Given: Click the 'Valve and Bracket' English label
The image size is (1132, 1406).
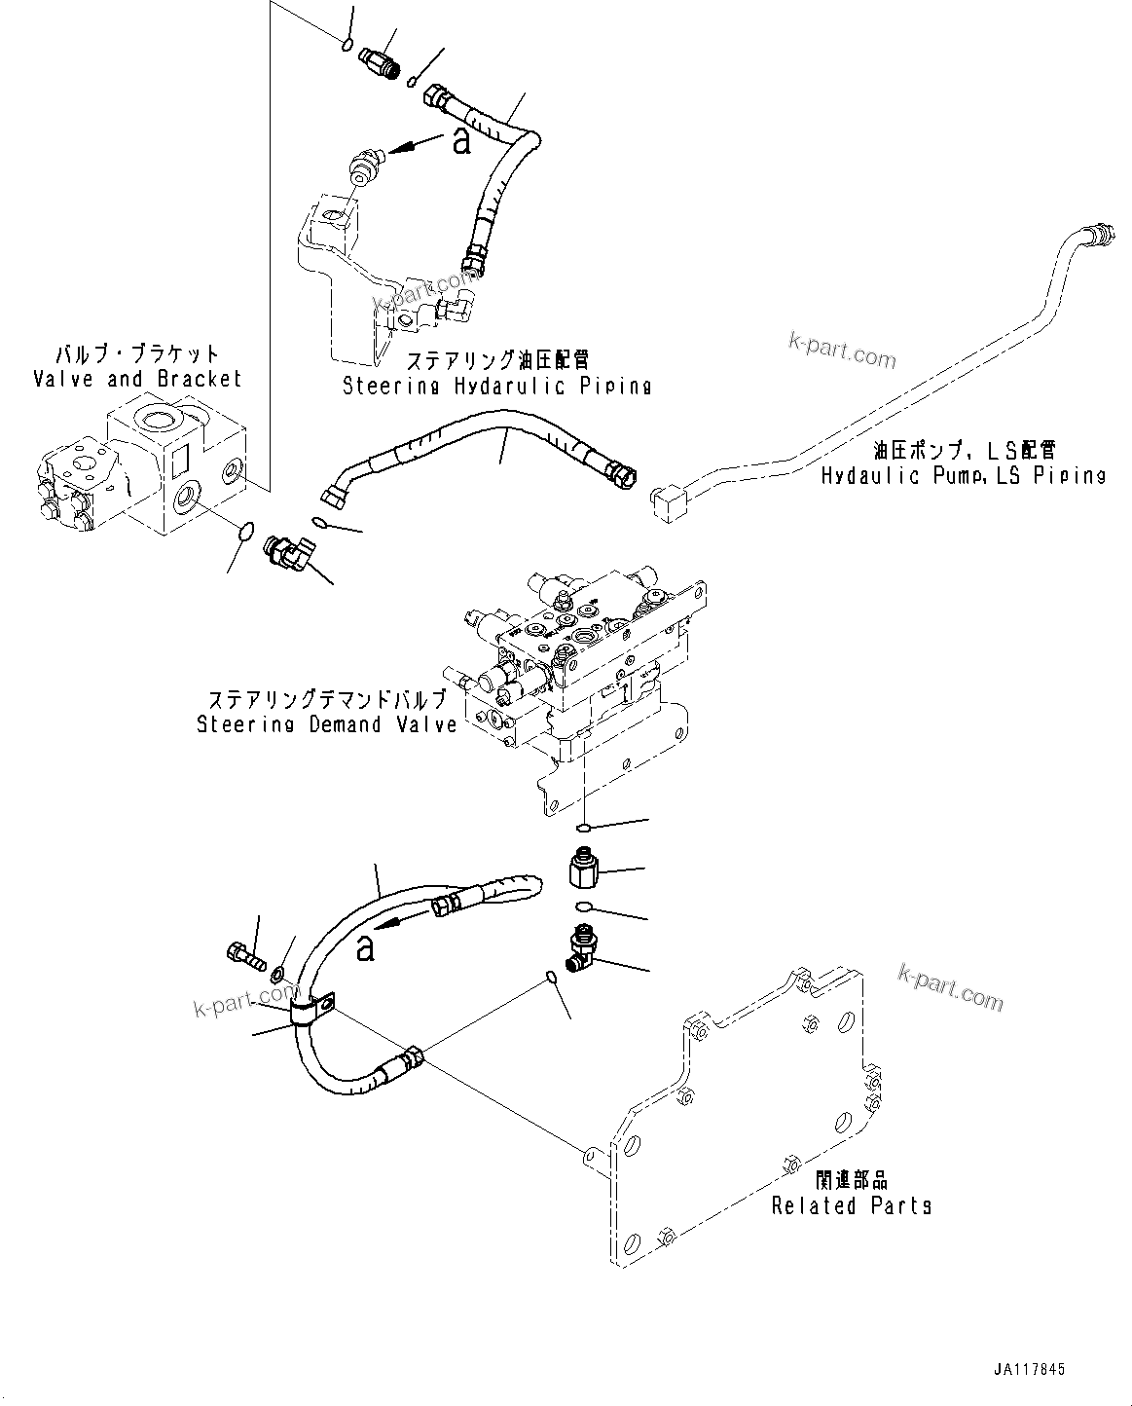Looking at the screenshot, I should tap(136, 379).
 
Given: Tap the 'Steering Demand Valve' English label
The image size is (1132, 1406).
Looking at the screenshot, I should tap(326, 724).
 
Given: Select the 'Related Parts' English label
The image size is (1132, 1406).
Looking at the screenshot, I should tap(851, 1205).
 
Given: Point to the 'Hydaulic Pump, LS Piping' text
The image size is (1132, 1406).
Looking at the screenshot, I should tap(963, 475).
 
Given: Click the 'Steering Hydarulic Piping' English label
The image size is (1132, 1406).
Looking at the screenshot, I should tap(496, 386).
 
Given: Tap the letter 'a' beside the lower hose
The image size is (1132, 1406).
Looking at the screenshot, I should tap(365, 945).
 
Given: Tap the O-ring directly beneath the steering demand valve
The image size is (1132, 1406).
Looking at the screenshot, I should tap(581, 828).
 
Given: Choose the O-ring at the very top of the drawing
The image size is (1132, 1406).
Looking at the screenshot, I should tap(347, 42).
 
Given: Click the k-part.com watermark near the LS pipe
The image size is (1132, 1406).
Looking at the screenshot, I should tap(843, 352).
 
